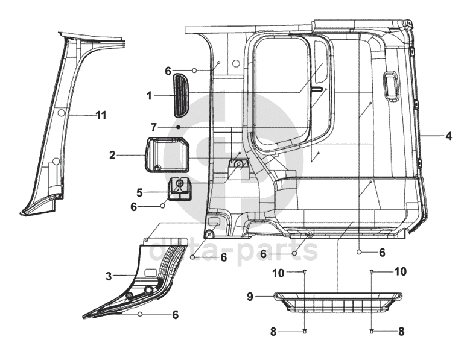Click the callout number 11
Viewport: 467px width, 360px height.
point(101,115)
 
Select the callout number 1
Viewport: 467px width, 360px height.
point(150,96)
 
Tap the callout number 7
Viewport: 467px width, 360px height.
point(153,127)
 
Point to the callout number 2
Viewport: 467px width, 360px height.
point(112,155)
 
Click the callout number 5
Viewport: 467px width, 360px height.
point(140,192)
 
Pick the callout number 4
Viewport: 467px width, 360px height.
point(448,136)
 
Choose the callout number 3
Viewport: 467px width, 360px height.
point(109,276)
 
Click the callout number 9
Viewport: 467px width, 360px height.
point(250,297)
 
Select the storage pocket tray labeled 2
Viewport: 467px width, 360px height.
point(167,155)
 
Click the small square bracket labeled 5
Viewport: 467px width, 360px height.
point(180,189)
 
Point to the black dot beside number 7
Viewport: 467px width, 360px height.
point(178,127)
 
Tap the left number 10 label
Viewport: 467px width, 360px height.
point(278,273)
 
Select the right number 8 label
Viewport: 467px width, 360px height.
point(401,332)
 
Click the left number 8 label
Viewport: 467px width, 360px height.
point(273,332)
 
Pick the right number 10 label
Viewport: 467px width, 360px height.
point(400,271)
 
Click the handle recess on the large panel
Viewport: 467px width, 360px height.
point(392,86)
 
